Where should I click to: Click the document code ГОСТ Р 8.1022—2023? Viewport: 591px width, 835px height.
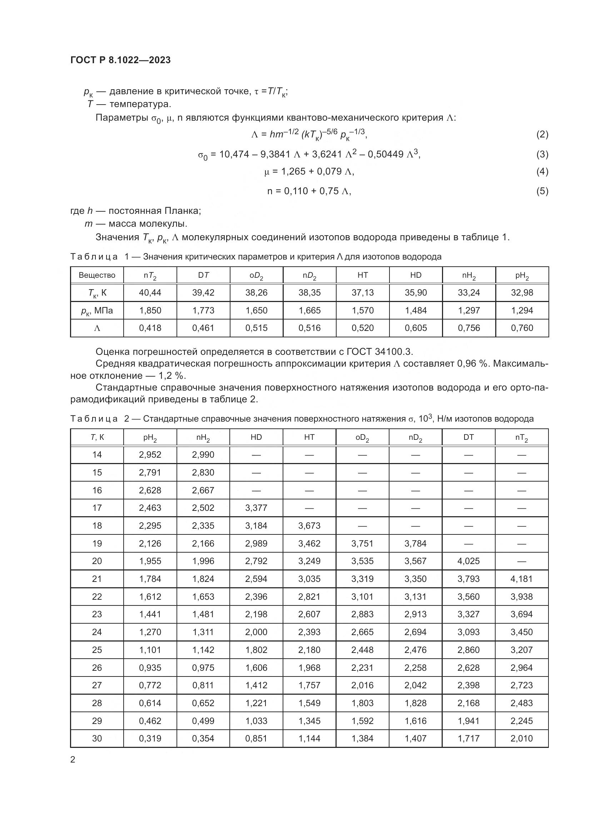pos(120,60)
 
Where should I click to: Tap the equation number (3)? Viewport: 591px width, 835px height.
pos(542,154)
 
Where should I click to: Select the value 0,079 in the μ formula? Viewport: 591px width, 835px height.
pos(330,171)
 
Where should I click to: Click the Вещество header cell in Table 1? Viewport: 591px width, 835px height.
pos(97,275)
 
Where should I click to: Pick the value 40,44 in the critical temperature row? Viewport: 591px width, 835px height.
pos(150,292)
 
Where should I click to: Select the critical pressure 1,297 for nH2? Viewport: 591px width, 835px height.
pos(469,310)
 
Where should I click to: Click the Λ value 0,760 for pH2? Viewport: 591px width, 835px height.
pos(522,328)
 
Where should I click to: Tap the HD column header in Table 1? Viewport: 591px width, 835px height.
pos(416,275)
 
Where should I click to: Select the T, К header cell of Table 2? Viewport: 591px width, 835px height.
pos(97,437)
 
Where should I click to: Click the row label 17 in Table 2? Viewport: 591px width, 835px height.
pos(97,508)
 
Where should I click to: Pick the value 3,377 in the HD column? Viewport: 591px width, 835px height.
pos(256,508)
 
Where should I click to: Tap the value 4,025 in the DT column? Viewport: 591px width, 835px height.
pos(469,561)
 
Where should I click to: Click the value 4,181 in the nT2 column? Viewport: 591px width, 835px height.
pos(521,579)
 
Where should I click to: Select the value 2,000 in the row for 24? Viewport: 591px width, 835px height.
pos(256,632)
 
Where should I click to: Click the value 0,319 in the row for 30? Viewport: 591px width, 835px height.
pos(150,738)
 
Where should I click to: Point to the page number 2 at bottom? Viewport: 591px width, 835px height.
pos(73,760)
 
